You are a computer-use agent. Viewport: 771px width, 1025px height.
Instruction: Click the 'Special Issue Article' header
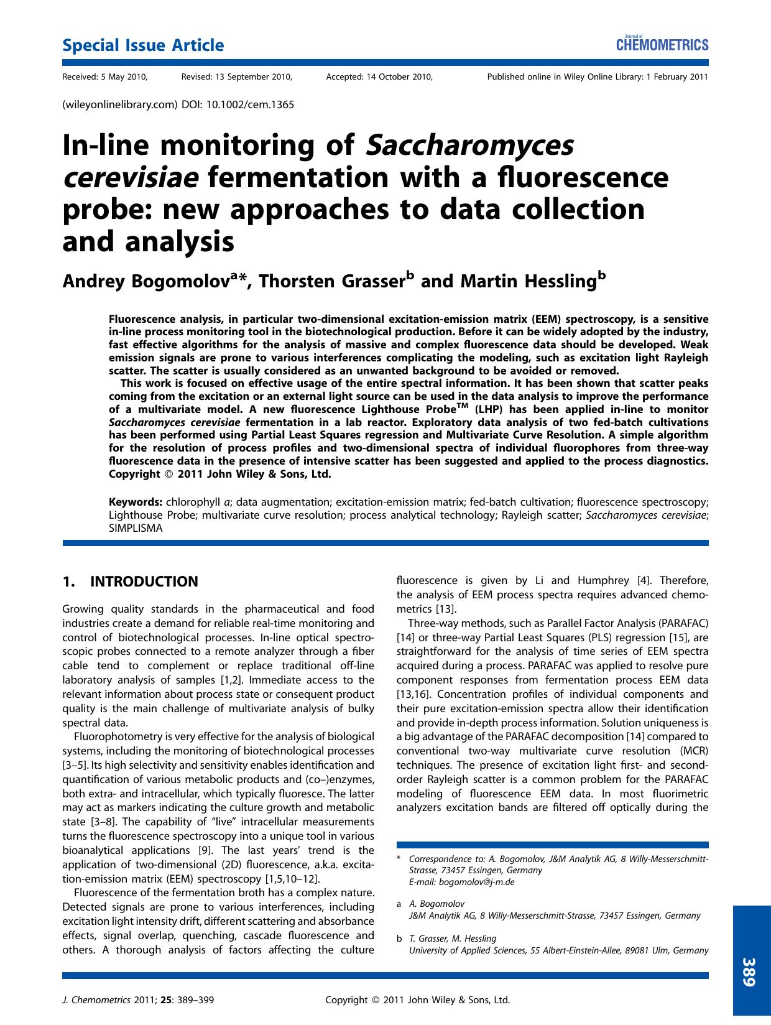pyautogui.click(x=143, y=45)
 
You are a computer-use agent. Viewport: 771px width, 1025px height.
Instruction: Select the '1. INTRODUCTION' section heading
pyautogui.click(x=131, y=582)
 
